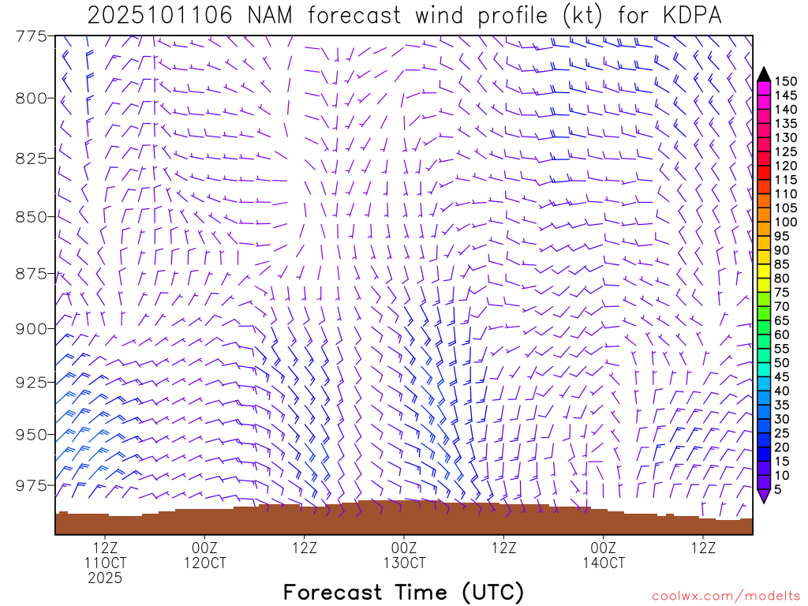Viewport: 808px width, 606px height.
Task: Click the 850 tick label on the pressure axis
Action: coord(32,216)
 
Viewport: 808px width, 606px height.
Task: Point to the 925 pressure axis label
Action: coord(32,382)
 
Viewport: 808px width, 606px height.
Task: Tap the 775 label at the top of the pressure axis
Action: coord(32,36)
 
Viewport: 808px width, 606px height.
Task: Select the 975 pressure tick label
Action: coord(32,484)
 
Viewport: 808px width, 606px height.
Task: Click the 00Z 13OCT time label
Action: coord(404,555)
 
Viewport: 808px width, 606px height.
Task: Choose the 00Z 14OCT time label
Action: coord(604,555)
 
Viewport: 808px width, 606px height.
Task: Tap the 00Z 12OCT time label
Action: coord(204,555)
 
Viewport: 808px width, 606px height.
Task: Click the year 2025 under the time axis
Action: coord(105,578)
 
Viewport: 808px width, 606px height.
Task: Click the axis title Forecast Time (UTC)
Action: coord(403,593)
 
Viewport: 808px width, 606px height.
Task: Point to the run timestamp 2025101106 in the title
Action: coord(159,16)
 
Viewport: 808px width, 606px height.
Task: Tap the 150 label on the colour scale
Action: coord(785,81)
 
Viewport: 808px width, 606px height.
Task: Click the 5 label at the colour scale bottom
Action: coord(778,489)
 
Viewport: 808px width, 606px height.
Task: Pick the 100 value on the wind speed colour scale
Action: coord(785,222)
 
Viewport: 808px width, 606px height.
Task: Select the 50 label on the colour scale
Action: coord(782,362)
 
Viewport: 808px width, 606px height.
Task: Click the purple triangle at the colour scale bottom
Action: coord(763,496)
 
